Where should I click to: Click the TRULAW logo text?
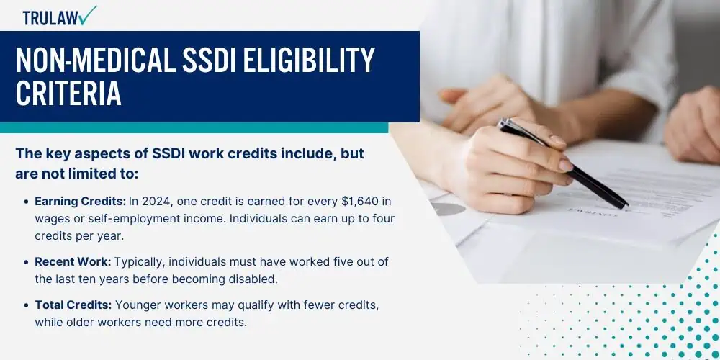coord(50,18)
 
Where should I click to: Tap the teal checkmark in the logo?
coord(87,14)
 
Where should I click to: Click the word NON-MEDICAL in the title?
coord(95,60)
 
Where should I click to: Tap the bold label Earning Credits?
coord(80,202)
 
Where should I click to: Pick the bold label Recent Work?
coord(73,262)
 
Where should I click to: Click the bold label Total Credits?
coord(73,305)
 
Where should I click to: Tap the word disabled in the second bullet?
coord(253,279)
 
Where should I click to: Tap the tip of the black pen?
coord(627,206)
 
